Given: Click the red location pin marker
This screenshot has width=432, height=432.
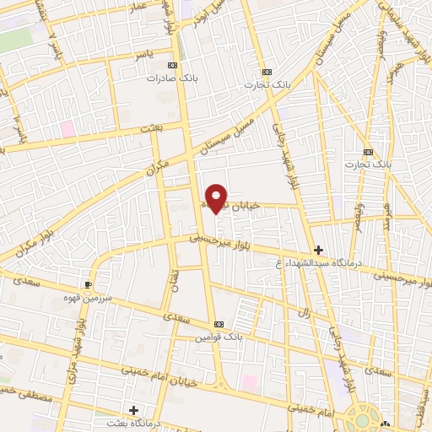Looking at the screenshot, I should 218,198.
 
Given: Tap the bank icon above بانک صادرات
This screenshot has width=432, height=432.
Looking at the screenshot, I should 173,65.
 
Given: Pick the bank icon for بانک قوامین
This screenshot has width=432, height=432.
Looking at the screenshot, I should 219,325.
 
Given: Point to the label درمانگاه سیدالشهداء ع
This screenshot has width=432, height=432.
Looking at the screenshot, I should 318,262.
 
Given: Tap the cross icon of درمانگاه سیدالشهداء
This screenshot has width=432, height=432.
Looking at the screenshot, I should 318,250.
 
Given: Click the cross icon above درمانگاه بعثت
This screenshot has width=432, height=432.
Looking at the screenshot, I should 133,410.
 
